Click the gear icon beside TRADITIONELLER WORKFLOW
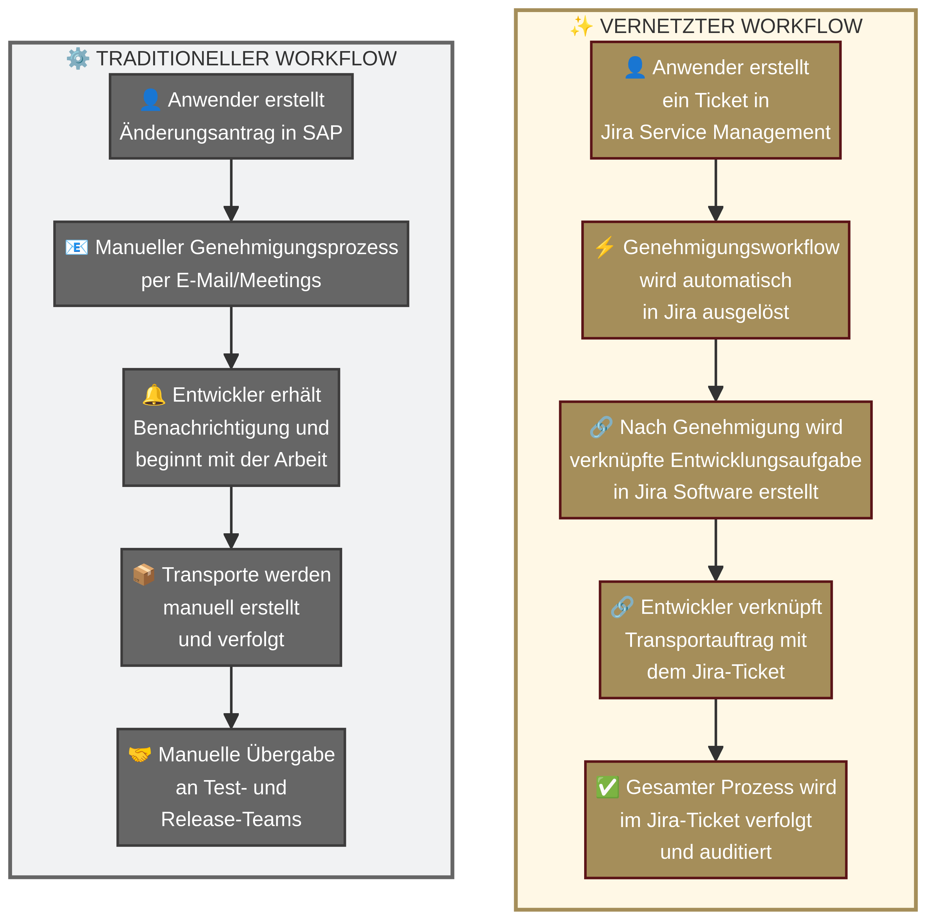(78, 58)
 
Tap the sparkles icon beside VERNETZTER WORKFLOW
(581, 26)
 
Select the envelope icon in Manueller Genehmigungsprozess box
(77, 247)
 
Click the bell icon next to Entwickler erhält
(154, 395)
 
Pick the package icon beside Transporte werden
(143, 575)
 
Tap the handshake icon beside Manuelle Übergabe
(140, 755)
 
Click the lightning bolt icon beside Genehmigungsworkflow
(604, 247)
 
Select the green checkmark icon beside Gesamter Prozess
(607, 787)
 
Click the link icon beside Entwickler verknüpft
(622, 608)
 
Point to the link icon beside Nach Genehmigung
(601, 427)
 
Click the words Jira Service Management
(716, 132)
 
